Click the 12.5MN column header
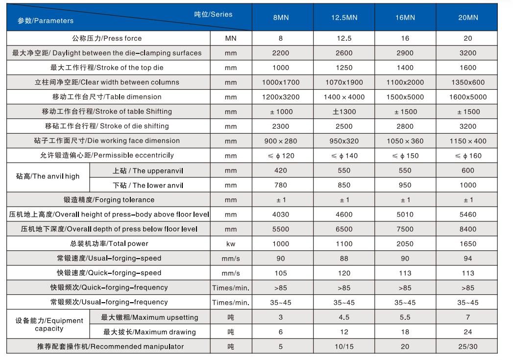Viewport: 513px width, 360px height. pyautogui.click(x=344, y=18)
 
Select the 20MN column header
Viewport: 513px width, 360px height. pyautogui.click(x=468, y=18)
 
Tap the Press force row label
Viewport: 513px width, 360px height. pyautogui.click(x=107, y=38)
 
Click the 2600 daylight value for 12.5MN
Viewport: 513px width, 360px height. pyautogui.click(x=344, y=53)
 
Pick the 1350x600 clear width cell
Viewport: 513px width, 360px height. pyautogui.click(x=468, y=82)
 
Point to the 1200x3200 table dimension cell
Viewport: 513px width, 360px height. pyautogui.click(x=281, y=97)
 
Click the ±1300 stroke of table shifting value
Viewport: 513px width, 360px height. pyautogui.click(x=344, y=112)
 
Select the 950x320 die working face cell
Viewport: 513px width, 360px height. pyautogui.click(x=344, y=141)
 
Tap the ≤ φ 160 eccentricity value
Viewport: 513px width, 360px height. pyautogui.click(x=468, y=156)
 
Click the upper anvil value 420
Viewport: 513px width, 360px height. pyautogui.click(x=281, y=170)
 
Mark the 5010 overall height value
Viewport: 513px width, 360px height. pyautogui.click(x=405, y=215)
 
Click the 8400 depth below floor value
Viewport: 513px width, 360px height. pyautogui.click(x=468, y=229)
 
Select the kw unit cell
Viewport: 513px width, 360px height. pyautogui.click(x=231, y=244)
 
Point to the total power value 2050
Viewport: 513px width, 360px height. pyautogui.click(x=405, y=244)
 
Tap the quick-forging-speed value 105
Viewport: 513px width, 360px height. pyautogui.click(x=281, y=273)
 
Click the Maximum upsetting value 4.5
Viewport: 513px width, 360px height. pyautogui.click(x=344, y=317)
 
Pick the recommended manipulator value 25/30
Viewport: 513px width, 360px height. pyautogui.click(x=468, y=347)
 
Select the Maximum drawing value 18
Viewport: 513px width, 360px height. pyautogui.click(x=405, y=332)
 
